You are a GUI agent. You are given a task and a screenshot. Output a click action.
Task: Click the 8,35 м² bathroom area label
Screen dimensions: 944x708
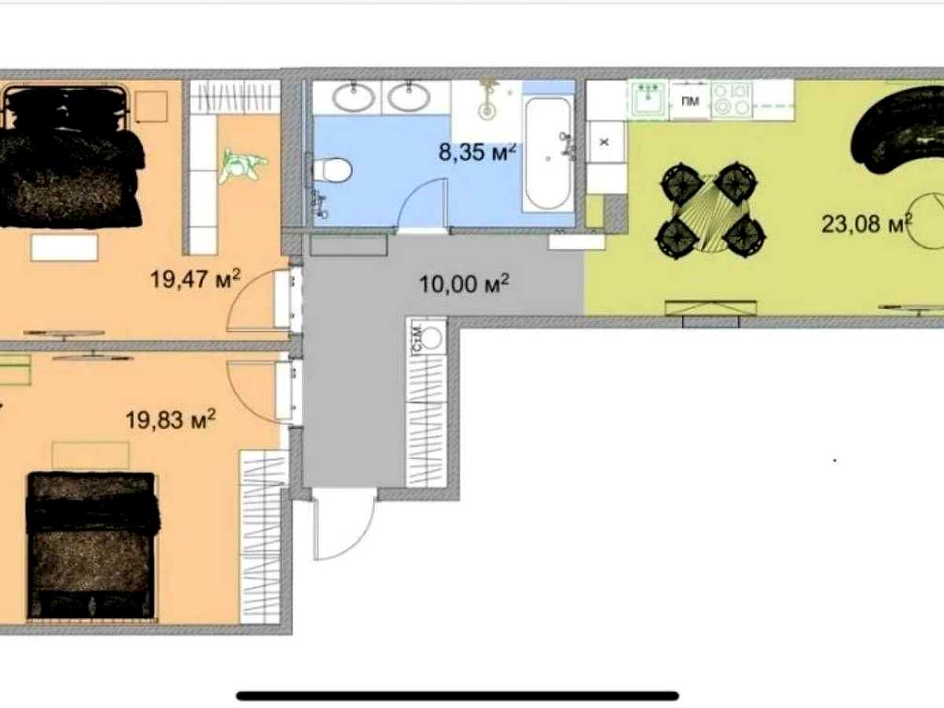click(477, 152)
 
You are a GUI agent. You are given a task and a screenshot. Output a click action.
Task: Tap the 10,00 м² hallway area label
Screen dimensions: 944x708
click(464, 283)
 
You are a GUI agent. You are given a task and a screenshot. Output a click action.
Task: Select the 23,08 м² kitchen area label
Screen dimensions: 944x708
click(867, 223)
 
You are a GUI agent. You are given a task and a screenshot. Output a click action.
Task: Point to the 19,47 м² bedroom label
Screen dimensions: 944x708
click(195, 278)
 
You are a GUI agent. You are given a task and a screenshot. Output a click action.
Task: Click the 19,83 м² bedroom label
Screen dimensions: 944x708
click(171, 419)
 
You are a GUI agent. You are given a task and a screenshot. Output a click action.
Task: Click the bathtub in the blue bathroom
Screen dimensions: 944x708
click(548, 154)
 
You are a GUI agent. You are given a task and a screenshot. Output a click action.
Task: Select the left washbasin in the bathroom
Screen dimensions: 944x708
click(352, 96)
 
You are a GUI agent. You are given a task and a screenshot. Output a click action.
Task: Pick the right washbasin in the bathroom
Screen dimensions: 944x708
click(408, 96)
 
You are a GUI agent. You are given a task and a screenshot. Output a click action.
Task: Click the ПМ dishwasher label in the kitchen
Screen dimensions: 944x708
click(690, 101)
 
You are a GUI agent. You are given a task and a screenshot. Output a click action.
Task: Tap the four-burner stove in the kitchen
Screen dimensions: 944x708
click(731, 99)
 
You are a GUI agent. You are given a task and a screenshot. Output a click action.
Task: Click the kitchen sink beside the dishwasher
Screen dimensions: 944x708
click(648, 99)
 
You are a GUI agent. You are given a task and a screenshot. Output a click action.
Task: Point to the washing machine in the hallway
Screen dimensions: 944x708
click(427, 337)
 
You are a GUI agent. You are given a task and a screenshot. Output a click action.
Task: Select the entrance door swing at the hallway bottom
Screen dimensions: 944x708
click(343, 527)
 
